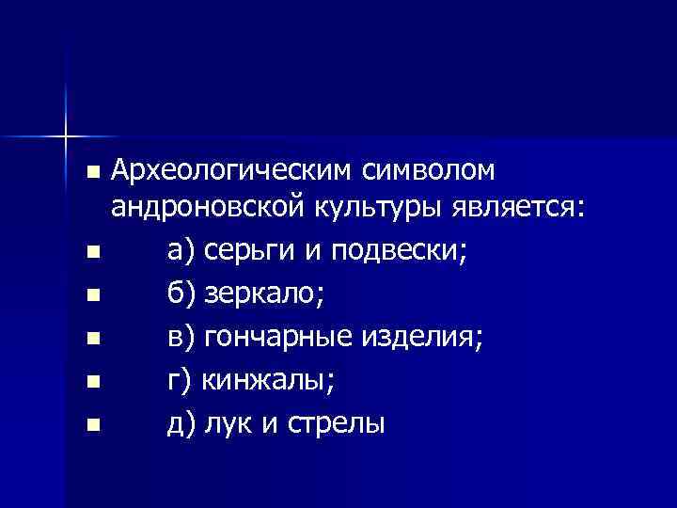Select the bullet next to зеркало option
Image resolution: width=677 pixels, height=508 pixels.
click(x=90, y=295)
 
